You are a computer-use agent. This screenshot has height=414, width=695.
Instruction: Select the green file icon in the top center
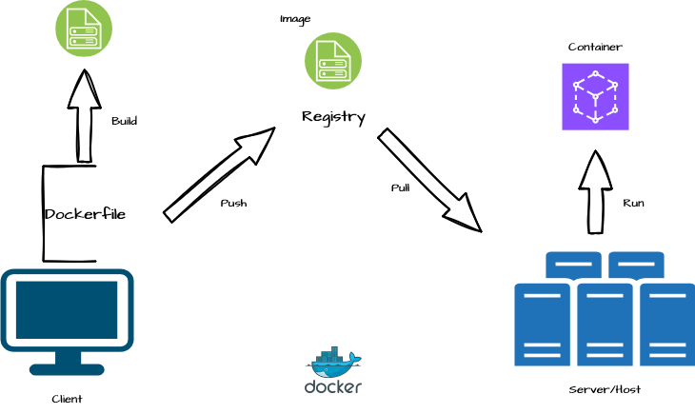pos(333,61)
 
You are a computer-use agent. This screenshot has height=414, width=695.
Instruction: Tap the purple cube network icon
pos(595,96)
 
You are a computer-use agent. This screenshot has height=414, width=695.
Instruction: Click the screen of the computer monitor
pos(67,309)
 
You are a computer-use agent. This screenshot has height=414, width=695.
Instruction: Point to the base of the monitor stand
pos(67,368)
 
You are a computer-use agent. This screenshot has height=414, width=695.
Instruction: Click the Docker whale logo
pos(332,362)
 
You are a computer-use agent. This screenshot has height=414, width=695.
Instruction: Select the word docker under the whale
pos(332,387)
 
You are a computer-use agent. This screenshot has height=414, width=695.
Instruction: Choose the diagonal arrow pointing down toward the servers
pos(429,180)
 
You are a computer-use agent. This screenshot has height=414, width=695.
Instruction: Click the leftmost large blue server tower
pos(542,325)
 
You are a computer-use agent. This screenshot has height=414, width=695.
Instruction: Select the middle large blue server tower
pos(605,325)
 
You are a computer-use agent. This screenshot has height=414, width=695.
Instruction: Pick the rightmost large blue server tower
pos(666,325)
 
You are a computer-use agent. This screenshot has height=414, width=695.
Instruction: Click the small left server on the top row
pos(573,264)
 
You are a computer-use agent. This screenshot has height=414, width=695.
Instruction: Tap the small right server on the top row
pos(636,264)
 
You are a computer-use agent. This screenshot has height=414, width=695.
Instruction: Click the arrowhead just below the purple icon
pos(596,171)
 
